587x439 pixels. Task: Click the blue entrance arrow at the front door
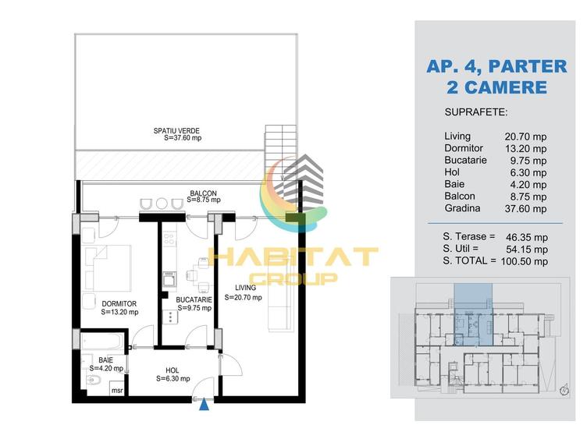point(204,405)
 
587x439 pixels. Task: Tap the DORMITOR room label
point(119,304)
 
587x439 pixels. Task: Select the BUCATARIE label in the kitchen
point(194,300)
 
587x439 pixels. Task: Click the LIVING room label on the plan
point(246,288)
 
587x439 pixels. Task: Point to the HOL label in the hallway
point(173,370)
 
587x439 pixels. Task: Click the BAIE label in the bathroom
point(105,360)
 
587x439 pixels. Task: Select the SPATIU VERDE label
point(176,131)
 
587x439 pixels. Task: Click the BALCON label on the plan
point(203,193)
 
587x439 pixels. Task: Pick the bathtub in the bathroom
point(102,340)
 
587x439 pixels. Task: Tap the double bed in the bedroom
point(108,268)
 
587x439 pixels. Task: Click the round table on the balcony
point(162,204)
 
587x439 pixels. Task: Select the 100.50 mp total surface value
point(524,261)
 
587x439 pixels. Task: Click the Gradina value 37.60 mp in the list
point(525,209)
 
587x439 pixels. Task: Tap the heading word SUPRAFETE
point(476,112)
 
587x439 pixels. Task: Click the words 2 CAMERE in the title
point(496,87)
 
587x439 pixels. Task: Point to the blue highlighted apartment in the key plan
point(473,314)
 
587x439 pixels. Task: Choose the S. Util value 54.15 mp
point(527,249)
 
